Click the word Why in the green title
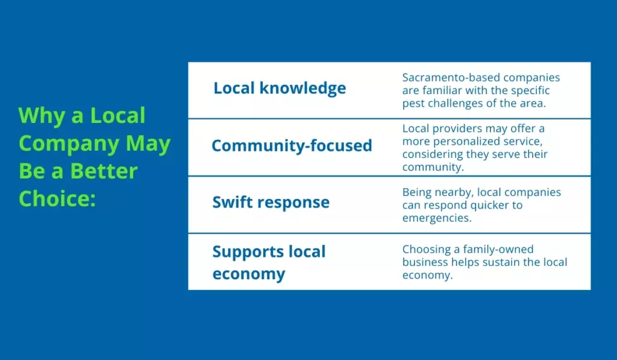point(42,116)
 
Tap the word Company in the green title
point(69,144)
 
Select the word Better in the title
point(104,171)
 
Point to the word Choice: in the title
point(57,198)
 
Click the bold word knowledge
point(302,88)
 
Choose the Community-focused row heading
point(292,145)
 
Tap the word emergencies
point(436,218)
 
